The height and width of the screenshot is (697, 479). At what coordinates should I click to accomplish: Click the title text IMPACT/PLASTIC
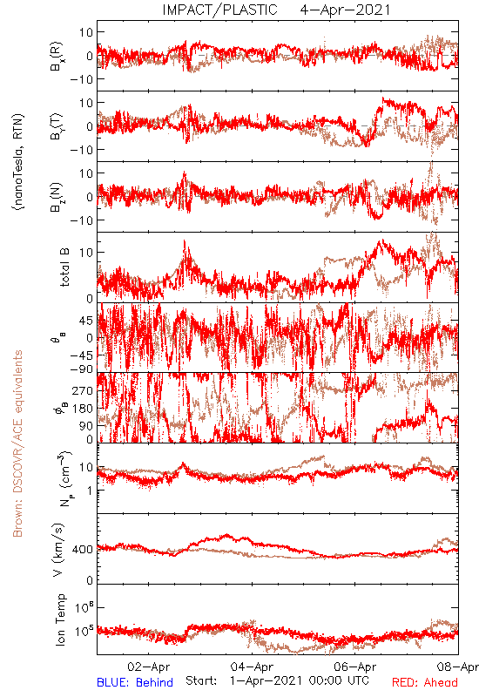coord(219,10)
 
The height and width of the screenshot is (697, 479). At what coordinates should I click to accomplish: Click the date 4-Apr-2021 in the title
coord(345,10)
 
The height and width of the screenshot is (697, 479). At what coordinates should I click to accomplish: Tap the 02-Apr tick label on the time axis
coord(148,667)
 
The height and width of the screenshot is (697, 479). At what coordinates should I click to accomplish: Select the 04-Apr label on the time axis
coord(252,667)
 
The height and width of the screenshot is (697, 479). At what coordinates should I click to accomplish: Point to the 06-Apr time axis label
coord(355,667)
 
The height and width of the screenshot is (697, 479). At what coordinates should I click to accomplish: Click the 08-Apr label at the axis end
coord(458,667)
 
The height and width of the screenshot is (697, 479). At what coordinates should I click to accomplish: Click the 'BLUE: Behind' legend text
coord(135,682)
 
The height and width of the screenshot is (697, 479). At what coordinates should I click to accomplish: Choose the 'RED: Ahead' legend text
coord(424,682)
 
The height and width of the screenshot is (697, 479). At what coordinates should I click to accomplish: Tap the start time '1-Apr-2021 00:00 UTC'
coord(299,680)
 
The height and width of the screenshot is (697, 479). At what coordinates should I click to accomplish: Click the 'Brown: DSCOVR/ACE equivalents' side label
coord(17,443)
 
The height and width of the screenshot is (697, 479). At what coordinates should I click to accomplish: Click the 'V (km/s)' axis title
coord(58,550)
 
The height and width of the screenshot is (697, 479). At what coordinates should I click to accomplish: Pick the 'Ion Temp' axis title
coord(60,619)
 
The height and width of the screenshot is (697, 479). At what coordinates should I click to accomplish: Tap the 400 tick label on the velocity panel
coord(83,550)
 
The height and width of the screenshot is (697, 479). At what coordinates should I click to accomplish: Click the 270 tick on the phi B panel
coord(83,390)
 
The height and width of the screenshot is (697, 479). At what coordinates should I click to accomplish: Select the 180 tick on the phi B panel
coord(83,409)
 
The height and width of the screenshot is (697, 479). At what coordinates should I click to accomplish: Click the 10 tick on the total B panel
coord(86,253)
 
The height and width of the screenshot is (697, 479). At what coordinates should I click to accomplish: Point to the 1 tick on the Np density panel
coord(91,491)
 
